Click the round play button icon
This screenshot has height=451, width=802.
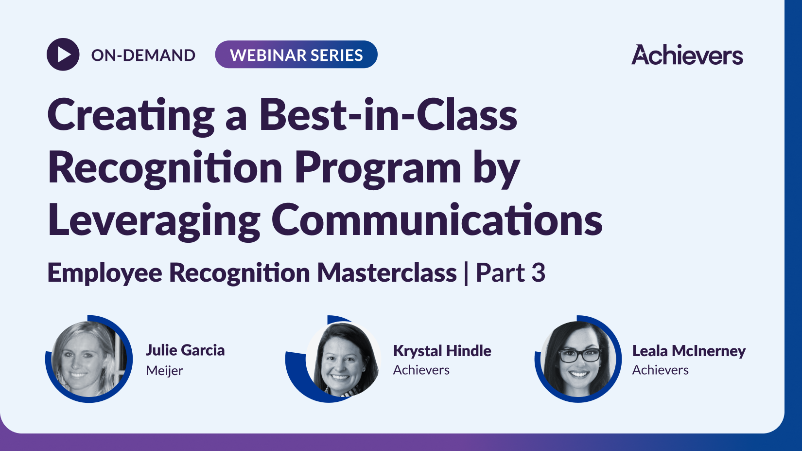[63, 54]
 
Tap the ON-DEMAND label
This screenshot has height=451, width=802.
[143, 55]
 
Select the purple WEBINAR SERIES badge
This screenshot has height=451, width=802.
[296, 54]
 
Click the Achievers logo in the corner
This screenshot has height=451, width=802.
[687, 55]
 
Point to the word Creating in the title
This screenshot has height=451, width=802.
[131, 116]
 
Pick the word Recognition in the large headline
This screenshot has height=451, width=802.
[165, 168]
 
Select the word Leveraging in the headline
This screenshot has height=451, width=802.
[154, 220]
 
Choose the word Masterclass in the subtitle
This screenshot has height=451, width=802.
[387, 272]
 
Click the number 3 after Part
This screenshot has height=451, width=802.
[538, 272]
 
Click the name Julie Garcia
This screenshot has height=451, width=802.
[185, 350]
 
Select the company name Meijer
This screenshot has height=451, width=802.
[164, 371]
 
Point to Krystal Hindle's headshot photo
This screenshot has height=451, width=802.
[343, 359]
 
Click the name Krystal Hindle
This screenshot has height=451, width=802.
[442, 350]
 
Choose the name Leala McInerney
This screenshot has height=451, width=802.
[688, 350]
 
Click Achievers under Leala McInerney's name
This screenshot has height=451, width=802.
[660, 370]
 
